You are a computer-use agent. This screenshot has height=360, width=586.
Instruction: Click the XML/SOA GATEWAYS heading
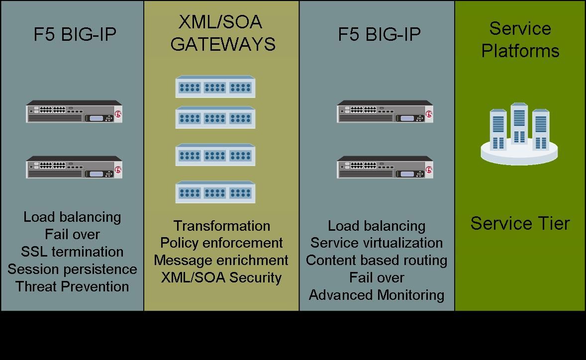pos(222,33)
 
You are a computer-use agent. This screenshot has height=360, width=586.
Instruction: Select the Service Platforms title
pos(520,40)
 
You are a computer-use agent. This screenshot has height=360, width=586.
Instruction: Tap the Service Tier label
pos(520,224)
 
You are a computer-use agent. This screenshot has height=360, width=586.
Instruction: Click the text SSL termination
pos(72,252)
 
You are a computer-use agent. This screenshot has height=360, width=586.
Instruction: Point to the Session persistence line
pos(72,269)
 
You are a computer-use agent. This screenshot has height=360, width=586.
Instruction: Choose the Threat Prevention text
pos(72,286)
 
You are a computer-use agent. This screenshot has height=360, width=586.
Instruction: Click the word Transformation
pos(222,226)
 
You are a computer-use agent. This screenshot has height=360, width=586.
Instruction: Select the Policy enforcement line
pos(221,243)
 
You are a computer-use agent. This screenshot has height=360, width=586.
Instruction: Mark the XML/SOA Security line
pos(221,277)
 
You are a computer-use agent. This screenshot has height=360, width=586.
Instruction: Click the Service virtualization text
pos(377,243)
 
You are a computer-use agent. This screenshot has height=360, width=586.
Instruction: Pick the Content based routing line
pos(377,260)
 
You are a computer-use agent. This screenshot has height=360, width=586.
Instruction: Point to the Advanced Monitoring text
pos(377,294)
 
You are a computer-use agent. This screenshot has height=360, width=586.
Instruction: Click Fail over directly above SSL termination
pos(72,234)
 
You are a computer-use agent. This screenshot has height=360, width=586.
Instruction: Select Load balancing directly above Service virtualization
pos(377,226)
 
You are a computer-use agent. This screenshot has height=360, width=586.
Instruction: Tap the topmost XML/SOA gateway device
pos(215,87)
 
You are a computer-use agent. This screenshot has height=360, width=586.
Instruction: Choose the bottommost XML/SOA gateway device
pos(215,192)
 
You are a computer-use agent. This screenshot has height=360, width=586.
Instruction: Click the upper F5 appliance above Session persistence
pos(74,112)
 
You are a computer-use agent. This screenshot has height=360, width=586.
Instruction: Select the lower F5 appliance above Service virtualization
pos(385,168)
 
